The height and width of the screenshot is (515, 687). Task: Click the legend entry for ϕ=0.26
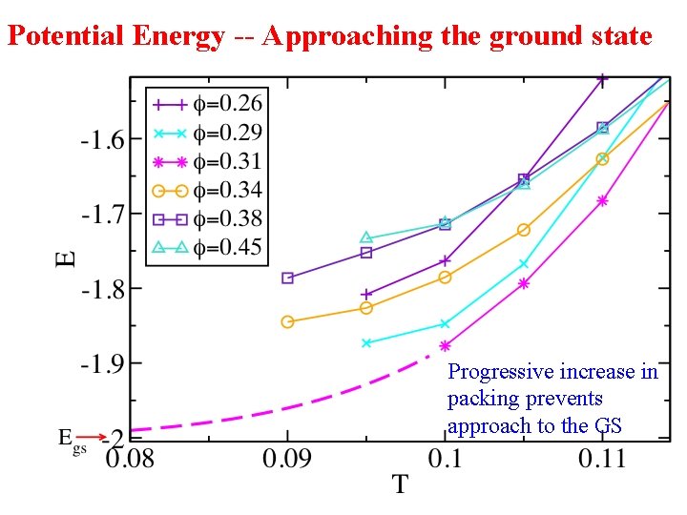(x=205, y=103)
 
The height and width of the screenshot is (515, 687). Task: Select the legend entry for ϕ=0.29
(x=205, y=133)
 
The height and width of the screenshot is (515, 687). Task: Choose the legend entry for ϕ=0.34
(x=205, y=191)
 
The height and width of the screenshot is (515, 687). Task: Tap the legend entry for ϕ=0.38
(x=205, y=220)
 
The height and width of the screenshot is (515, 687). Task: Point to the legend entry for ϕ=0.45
(x=205, y=249)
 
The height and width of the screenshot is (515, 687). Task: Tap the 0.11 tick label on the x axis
(x=601, y=459)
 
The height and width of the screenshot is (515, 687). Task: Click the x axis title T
(x=399, y=485)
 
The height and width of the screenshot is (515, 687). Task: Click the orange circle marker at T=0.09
(x=287, y=321)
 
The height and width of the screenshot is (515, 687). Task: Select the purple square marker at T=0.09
(x=287, y=278)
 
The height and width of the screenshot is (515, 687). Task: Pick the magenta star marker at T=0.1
(x=445, y=346)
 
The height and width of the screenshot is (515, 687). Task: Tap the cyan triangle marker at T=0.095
(x=366, y=237)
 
